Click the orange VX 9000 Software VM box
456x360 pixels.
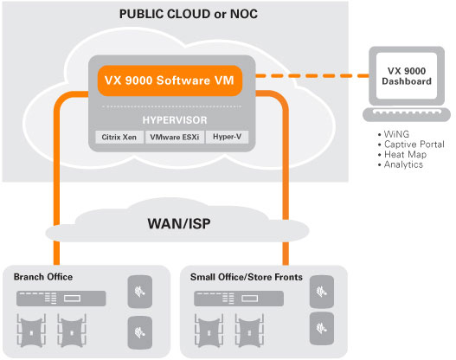click(170, 80)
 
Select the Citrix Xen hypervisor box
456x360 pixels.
click(119, 137)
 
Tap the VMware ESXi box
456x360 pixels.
click(175, 137)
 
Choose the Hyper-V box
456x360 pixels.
click(227, 137)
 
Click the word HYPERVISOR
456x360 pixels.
click(175, 120)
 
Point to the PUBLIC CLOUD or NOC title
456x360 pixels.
click(189, 14)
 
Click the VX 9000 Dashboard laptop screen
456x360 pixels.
click(407, 76)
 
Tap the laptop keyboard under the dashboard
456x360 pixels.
click(407, 114)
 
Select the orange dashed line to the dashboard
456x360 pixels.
click(312, 76)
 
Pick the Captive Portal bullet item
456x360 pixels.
click(411, 145)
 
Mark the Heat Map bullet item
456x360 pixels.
click(402, 154)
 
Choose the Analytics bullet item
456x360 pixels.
click(401, 164)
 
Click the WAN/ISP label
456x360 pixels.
click(179, 223)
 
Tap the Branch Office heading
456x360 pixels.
click(43, 277)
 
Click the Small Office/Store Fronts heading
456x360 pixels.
click(247, 277)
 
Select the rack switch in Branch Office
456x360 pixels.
click(61, 299)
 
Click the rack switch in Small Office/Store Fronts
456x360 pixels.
click(239, 299)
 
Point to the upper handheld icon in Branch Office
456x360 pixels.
click(140, 292)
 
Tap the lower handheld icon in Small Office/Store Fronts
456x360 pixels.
click(322, 329)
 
